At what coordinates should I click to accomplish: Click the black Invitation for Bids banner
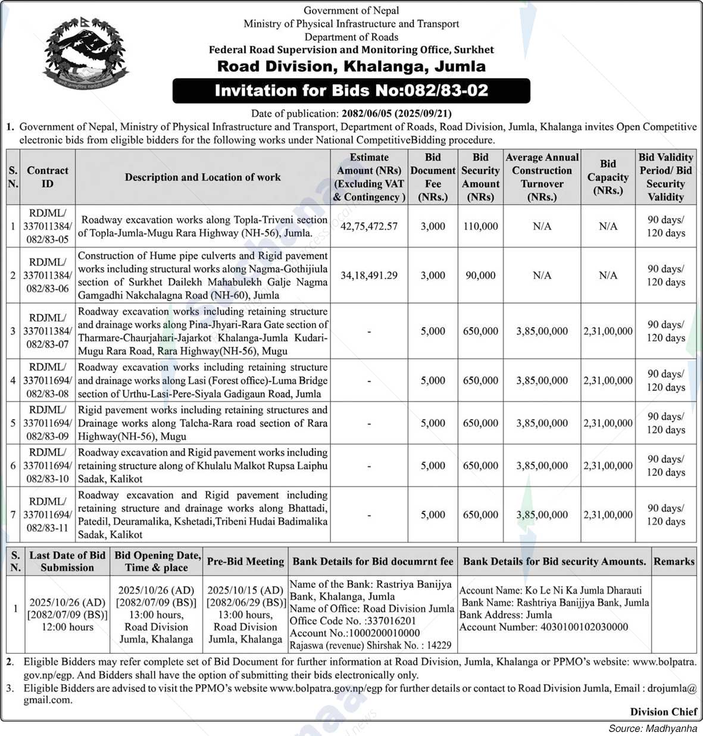tap(351, 90)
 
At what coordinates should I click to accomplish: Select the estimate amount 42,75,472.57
tap(369, 226)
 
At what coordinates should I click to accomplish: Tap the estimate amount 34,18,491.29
tap(369, 275)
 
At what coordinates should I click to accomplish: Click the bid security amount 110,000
tap(480, 226)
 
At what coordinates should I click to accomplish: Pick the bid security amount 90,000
tap(480, 275)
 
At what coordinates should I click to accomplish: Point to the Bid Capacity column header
tap(608, 177)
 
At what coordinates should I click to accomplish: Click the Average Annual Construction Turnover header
tap(542, 177)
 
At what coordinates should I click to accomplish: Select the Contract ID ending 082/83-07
tap(48, 331)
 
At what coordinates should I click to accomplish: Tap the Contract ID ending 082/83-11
tap(48, 514)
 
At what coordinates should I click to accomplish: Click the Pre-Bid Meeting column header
tap(245, 561)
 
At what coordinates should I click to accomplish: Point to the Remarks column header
tap(674, 561)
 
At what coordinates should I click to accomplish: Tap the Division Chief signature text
tap(664, 712)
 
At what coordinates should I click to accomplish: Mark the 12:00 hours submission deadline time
tap(67, 627)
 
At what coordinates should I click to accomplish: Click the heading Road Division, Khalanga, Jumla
tap(351, 66)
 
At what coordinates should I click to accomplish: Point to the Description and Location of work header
tap(202, 177)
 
